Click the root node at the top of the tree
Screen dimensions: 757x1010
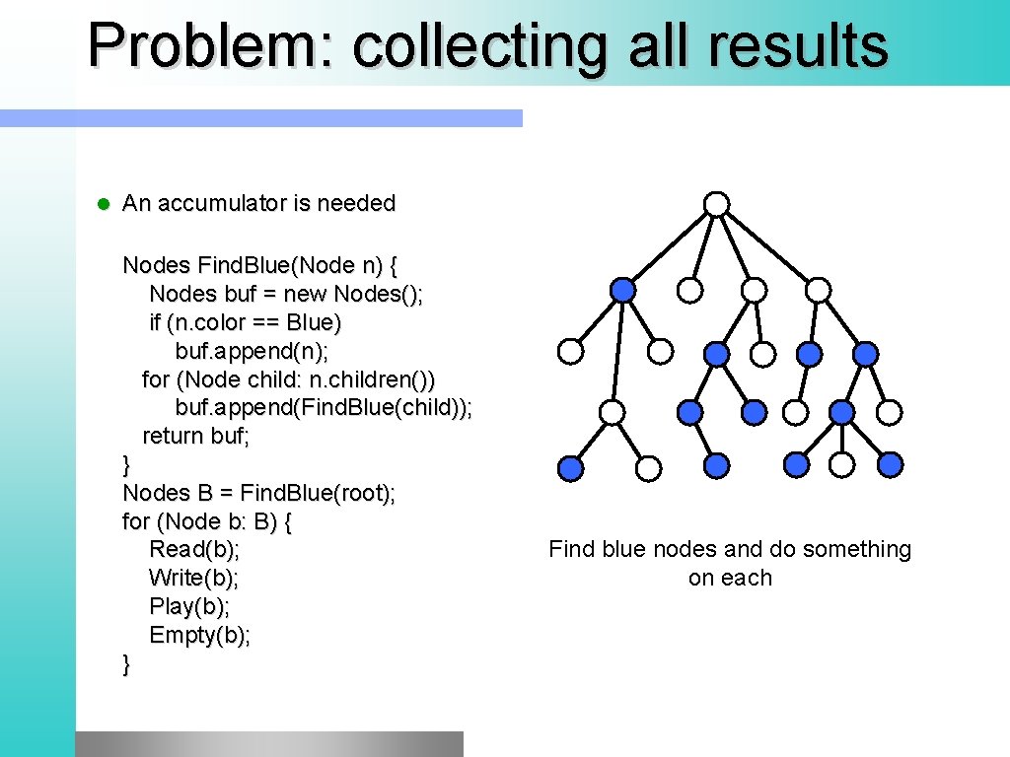pyautogui.click(x=717, y=204)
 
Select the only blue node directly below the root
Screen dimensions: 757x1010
pyautogui.click(x=622, y=290)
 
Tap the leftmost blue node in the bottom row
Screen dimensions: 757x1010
pyautogui.click(x=570, y=467)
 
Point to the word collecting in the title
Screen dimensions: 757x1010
pyautogui.click(x=478, y=45)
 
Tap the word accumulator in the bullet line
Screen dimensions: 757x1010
pyautogui.click(x=222, y=204)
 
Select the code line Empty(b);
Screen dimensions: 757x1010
pyautogui.click(x=200, y=636)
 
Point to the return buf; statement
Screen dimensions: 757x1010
pyautogui.click(x=196, y=436)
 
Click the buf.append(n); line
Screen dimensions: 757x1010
pyautogui.click(x=252, y=351)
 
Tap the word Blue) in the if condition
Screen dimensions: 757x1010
pyautogui.click(x=314, y=322)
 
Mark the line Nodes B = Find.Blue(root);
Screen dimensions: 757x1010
pyautogui.click(x=259, y=493)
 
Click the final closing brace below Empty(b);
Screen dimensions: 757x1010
pyautogui.click(x=126, y=664)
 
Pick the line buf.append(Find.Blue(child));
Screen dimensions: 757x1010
pyautogui.click(x=324, y=408)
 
